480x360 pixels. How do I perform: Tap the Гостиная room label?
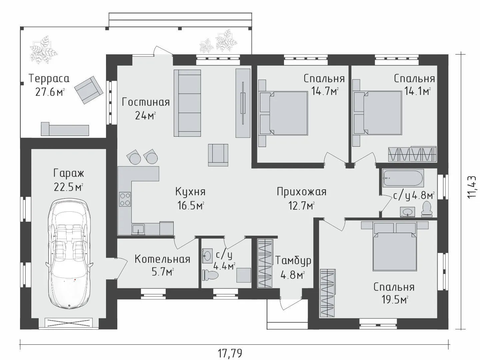click(x=146, y=102)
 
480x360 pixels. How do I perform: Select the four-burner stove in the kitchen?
click(x=125, y=199)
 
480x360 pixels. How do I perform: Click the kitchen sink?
click(x=138, y=229)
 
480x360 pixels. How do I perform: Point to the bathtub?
click(x=403, y=178)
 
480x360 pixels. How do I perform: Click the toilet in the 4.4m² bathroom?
click(x=210, y=275)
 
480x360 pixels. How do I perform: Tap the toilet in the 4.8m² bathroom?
click(x=427, y=209)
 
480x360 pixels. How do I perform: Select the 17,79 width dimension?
click(x=230, y=353)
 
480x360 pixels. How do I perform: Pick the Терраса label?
click(x=49, y=79)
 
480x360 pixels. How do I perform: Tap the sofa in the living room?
click(x=187, y=103)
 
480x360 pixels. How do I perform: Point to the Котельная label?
click(x=162, y=259)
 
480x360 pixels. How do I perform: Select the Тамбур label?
click(x=293, y=261)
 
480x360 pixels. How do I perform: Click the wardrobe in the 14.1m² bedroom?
click(x=412, y=154)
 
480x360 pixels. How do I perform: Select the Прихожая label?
click(x=302, y=192)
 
